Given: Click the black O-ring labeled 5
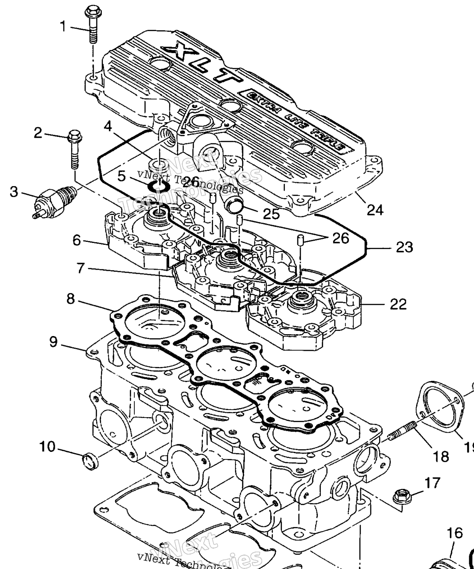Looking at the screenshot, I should [x=158, y=187].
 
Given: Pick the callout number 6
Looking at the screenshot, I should [x=77, y=241].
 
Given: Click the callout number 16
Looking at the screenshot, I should [x=455, y=533].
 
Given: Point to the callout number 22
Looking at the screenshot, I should [x=398, y=304].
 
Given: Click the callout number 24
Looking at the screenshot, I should [x=375, y=210].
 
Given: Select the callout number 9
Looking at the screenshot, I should [x=54, y=342].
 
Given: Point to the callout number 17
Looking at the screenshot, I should [x=432, y=483].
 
